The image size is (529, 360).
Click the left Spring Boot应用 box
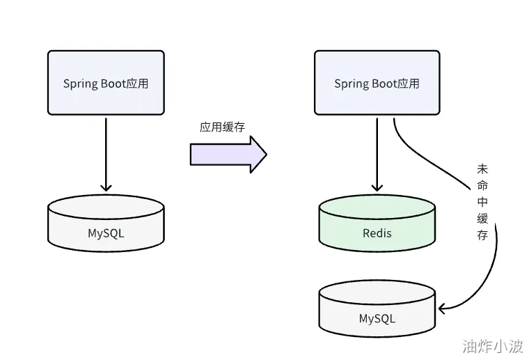(x=106, y=82)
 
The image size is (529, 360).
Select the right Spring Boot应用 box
(x=377, y=82)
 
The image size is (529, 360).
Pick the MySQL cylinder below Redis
(x=377, y=311)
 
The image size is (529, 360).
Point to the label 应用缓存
(x=222, y=127)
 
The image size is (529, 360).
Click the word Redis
(x=377, y=233)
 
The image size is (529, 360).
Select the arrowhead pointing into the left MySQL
(x=106, y=187)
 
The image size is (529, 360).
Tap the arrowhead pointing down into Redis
(x=377, y=187)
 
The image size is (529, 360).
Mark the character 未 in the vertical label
(x=482, y=169)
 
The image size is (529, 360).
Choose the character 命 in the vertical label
(x=482, y=186)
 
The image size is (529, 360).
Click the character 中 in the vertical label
(x=482, y=203)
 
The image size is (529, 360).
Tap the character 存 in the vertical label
(x=482, y=236)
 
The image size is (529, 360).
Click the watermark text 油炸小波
(x=491, y=345)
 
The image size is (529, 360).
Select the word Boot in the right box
(x=384, y=84)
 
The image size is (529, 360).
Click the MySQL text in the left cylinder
(x=106, y=233)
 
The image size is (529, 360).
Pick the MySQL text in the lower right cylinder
(x=377, y=319)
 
